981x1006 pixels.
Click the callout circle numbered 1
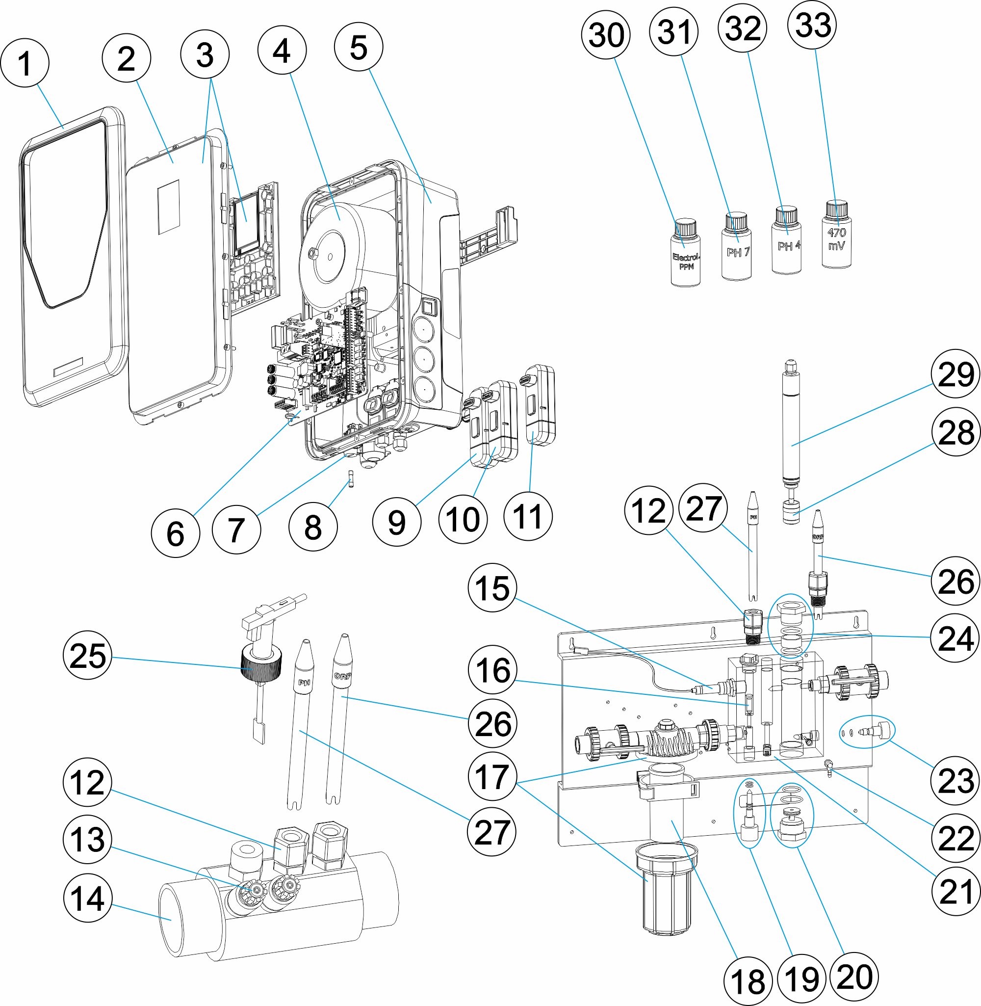click(25, 63)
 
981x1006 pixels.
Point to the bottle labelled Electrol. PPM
click(686, 258)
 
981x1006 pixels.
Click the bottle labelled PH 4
click(787, 245)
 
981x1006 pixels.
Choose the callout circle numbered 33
click(812, 25)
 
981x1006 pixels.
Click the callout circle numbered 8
click(313, 527)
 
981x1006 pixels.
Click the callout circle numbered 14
click(88, 899)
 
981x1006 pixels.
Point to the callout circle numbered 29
click(956, 373)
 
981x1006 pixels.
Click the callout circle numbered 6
click(175, 533)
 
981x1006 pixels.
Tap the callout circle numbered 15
click(492, 587)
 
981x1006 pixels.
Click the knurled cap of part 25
click(261, 667)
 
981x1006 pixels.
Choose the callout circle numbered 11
click(528, 516)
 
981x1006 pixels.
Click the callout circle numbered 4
click(282, 51)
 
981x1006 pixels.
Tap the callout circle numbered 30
click(606, 34)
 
